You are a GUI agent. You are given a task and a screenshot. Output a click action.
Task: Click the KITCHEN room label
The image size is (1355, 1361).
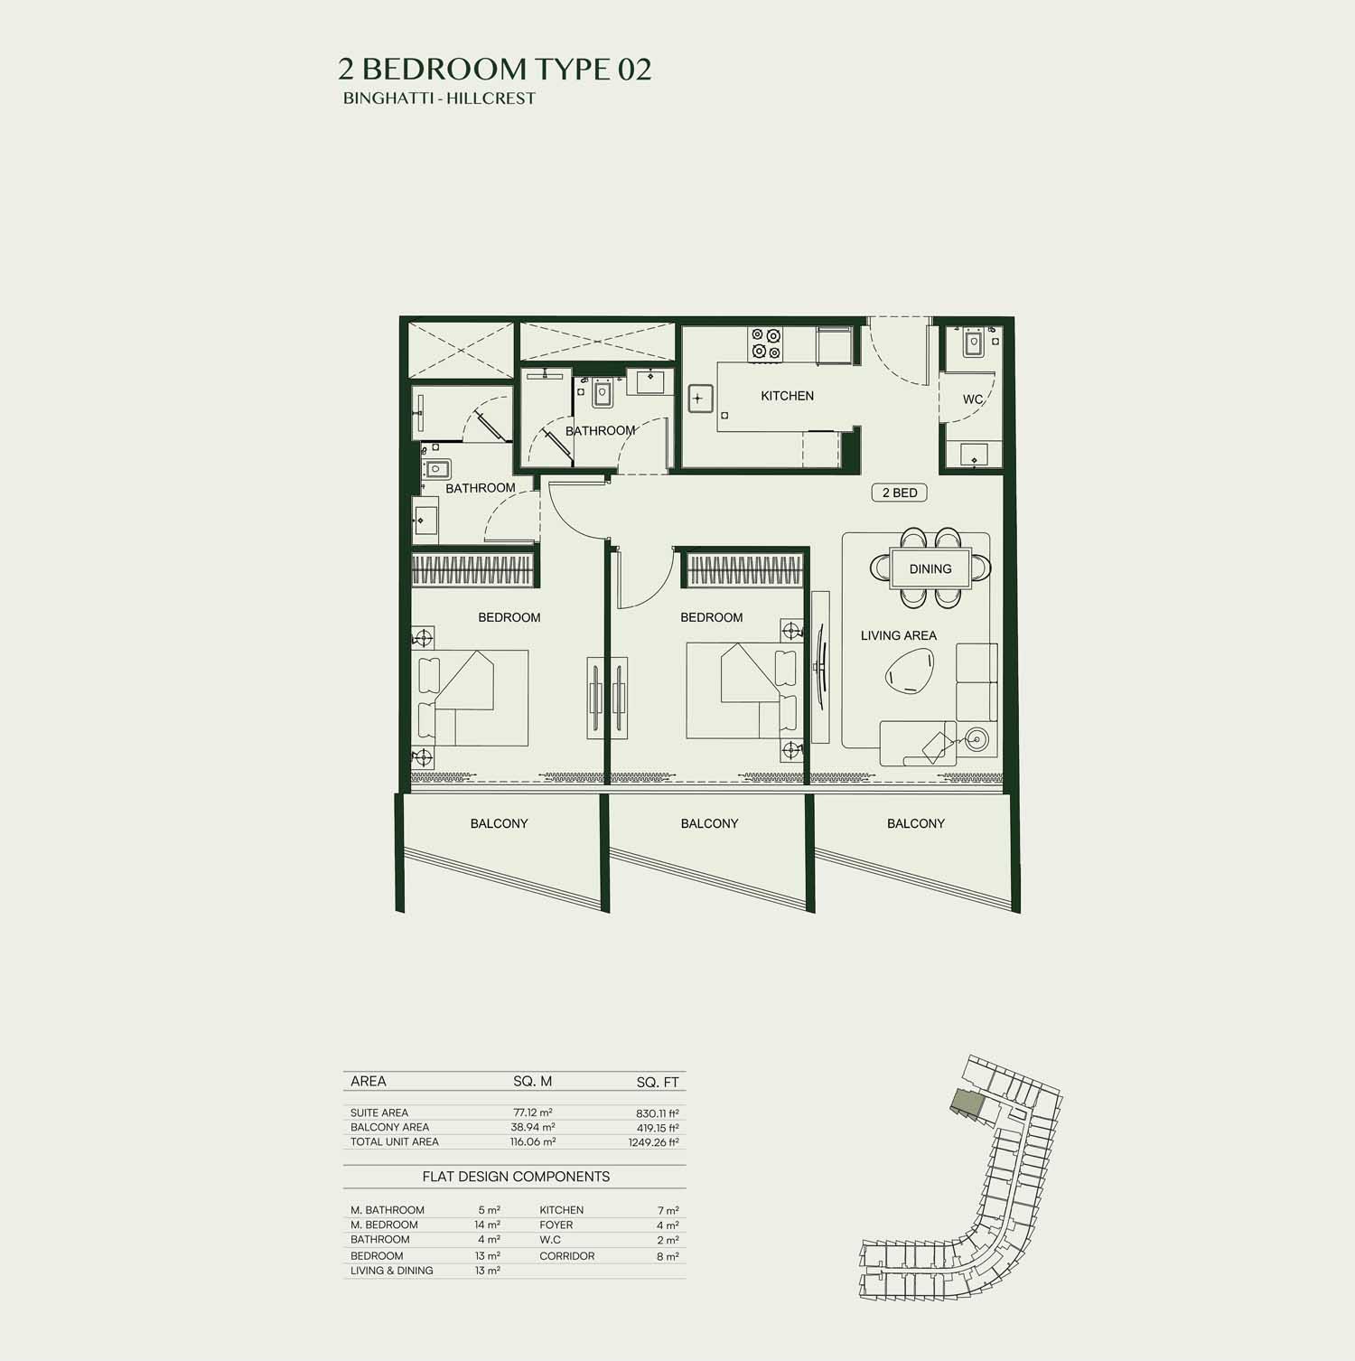click(787, 396)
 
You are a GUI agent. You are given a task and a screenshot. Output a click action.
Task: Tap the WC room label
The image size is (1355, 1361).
click(972, 399)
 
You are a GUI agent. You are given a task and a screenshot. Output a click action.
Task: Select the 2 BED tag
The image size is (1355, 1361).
click(900, 493)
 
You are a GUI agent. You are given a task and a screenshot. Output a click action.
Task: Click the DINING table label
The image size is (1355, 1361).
click(930, 568)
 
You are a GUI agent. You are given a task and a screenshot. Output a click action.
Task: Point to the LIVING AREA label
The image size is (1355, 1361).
click(898, 635)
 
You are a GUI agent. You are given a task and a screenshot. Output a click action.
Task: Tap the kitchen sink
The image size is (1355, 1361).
click(700, 398)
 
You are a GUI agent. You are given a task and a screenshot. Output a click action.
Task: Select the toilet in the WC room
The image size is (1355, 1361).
click(973, 343)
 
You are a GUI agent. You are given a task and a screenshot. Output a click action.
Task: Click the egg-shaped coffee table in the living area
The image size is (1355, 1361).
click(910, 674)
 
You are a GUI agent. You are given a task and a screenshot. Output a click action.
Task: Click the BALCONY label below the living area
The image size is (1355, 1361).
click(915, 823)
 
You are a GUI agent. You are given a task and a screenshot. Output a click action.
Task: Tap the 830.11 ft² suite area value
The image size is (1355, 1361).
click(657, 1113)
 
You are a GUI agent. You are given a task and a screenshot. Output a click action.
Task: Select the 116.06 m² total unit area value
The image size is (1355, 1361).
click(533, 1142)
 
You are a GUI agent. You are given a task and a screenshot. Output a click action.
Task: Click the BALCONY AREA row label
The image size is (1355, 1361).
click(389, 1128)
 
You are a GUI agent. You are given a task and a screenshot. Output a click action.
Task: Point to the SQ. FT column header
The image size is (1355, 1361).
click(658, 1083)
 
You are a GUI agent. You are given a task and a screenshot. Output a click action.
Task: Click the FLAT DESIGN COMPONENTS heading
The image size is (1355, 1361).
click(516, 1177)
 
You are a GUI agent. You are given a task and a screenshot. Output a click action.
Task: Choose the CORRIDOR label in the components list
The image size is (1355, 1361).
click(567, 1256)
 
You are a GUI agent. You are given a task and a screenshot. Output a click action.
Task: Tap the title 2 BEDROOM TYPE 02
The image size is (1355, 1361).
click(495, 69)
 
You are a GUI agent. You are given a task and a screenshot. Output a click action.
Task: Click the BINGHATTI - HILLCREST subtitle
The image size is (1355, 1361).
click(439, 99)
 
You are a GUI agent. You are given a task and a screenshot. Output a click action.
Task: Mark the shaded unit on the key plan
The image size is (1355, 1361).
click(967, 1103)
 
